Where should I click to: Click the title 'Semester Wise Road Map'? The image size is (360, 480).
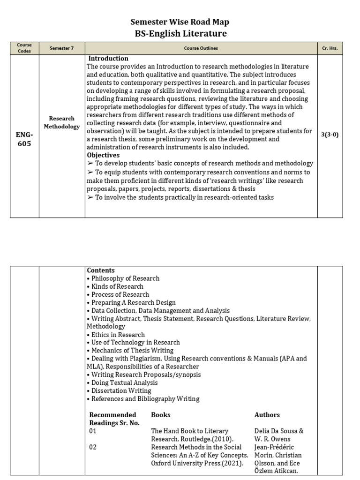(180, 22)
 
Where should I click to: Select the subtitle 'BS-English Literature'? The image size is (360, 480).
(180, 33)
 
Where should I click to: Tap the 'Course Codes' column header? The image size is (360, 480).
(24, 48)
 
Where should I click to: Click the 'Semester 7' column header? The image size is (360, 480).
(62, 48)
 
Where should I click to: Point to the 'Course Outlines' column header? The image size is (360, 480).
(201, 48)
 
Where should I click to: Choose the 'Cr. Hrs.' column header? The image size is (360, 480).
(330, 48)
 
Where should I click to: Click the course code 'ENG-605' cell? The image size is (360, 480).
(24, 139)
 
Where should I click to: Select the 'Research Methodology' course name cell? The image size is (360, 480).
(62, 122)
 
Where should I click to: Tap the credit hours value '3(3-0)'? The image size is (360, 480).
(330, 135)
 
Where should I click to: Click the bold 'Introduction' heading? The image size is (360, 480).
(108, 59)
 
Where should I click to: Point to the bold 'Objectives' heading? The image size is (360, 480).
(103, 155)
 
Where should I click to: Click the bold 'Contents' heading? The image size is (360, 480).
(101, 270)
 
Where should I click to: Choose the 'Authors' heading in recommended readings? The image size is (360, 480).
(267, 415)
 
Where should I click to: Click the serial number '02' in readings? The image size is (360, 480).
(93, 447)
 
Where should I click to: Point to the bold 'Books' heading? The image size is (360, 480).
(161, 415)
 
